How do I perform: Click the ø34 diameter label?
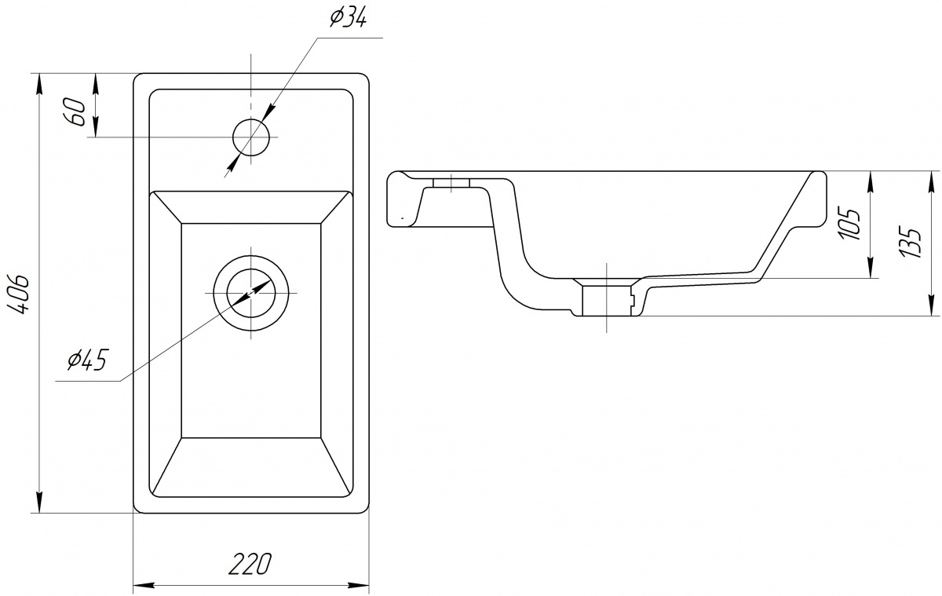click(349, 19)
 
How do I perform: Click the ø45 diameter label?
click(88, 360)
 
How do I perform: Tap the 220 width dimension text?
click(250, 564)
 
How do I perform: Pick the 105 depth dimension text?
click(849, 223)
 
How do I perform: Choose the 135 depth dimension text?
click(910, 243)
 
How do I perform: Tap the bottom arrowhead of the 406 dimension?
click(39, 503)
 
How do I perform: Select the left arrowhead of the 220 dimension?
click(144, 585)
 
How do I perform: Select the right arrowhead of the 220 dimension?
click(358, 585)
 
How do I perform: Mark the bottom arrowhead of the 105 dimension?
click(870, 268)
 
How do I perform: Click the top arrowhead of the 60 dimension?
click(96, 84)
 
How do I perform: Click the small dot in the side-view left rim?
click(403, 218)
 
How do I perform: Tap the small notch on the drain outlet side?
click(632, 301)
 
